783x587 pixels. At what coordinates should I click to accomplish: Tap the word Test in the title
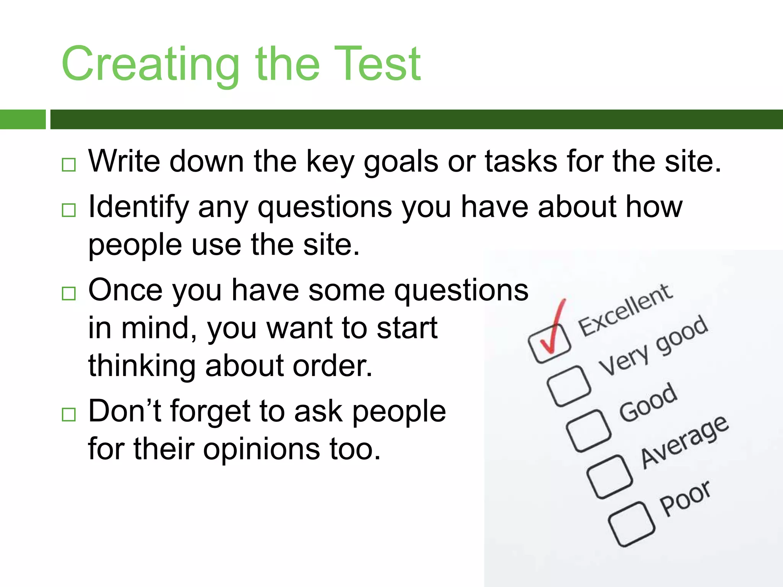coord(377,64)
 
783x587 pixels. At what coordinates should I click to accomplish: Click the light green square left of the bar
coord(23,119)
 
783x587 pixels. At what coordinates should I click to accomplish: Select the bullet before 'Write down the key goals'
coord(69,165)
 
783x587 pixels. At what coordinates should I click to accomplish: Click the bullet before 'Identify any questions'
coord(69,210)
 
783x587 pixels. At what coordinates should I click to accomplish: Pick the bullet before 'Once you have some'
coord(69,293)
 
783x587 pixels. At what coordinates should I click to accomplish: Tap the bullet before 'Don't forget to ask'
coord(69,414)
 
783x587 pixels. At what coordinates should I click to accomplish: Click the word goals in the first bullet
coord(401,162)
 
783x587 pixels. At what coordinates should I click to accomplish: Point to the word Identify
coord(138,207)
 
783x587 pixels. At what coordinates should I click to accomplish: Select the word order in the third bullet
coord(332,366)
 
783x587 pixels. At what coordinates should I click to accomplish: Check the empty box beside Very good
coord(569,386)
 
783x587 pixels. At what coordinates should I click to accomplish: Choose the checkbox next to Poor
coord(631,524)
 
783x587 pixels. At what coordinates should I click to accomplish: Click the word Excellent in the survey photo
coord(625,310)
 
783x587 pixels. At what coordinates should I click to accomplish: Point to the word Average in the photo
coord(684,442)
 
